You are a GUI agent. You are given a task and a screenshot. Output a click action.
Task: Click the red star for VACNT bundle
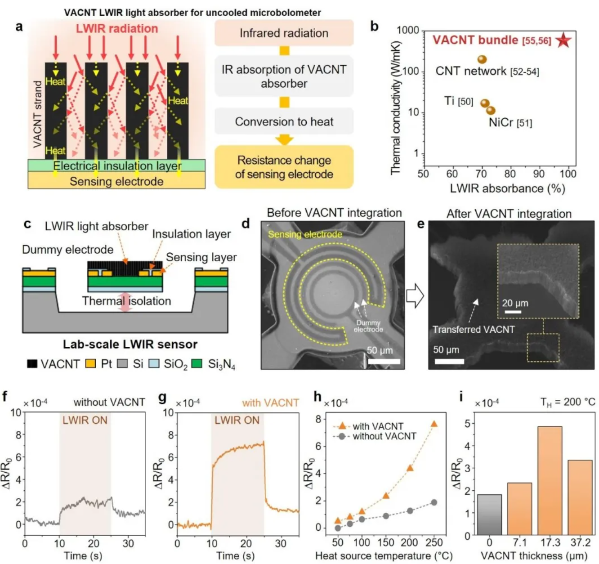click(563, 40)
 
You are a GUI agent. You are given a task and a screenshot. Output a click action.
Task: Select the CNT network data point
click(482, 59)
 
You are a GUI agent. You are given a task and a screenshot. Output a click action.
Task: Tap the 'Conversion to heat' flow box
click(284, 121)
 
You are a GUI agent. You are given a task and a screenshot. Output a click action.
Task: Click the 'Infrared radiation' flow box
click(284, 33)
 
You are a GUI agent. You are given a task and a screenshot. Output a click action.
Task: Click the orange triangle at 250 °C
click(434, 424)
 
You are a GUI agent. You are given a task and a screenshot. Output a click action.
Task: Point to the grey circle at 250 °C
click(434, 502)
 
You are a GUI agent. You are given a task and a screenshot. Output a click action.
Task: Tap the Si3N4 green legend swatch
click(197, 363)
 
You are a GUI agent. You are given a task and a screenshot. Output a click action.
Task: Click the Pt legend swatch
click(90, 363)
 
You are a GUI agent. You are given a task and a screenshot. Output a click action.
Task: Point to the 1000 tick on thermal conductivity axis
click(408, 31)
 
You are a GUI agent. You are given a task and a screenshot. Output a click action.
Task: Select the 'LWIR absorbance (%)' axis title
click(507, 188)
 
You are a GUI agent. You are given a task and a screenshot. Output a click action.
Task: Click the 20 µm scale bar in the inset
click(513, 312)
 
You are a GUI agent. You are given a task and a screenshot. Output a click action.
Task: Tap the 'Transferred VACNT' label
click(473, 329)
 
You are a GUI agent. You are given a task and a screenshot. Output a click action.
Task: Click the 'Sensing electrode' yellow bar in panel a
click(116, 181)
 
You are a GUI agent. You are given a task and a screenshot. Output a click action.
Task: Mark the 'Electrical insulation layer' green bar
click(116, 166)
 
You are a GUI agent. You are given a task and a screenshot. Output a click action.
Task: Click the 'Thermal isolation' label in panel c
click(126, 301)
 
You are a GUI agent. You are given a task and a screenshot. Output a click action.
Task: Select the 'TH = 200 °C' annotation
click(568, 402)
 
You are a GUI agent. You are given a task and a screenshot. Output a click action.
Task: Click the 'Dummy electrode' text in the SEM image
click(368, 326)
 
